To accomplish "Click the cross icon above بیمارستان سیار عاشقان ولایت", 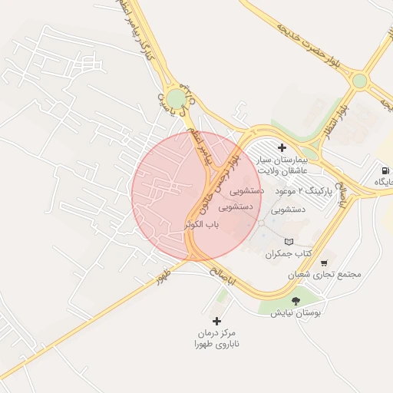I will click(x=282, y=147).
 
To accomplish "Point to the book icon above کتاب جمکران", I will click(x=289, y=242).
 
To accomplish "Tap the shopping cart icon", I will click(x=324, y=263).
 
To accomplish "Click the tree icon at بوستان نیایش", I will click(x=297, y=300).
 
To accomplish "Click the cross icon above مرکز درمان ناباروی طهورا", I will click(x=216, y=321).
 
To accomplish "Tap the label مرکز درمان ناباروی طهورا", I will click(x=216, y=340).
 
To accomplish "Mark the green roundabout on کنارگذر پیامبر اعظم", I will click(x=177, y=98).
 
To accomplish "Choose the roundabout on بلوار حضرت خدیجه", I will click(x=359, y=80).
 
